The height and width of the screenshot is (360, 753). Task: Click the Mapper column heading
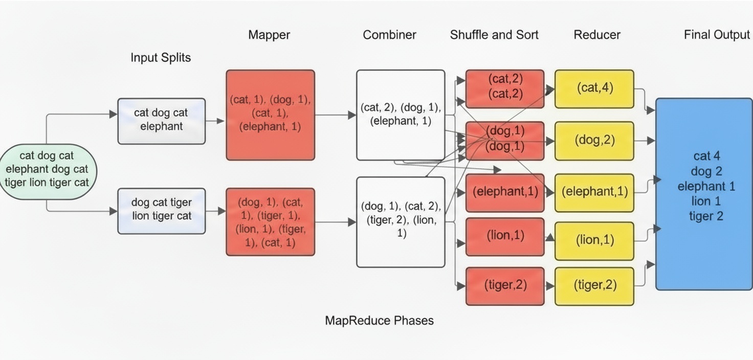269,35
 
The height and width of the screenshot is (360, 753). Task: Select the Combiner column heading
389,35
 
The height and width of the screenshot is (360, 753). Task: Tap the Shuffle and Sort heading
494,35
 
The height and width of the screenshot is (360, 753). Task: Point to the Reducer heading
597,35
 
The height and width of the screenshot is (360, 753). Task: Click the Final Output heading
717,35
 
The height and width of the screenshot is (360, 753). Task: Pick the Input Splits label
161,57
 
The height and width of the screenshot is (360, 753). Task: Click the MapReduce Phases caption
379,321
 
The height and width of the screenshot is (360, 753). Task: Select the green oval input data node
47,169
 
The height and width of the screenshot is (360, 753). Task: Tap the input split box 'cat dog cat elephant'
161,121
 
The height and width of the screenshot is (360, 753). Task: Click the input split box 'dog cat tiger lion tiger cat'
161,211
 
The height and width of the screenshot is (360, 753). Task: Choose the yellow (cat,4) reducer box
594,88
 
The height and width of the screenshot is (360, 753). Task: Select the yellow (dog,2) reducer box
594,141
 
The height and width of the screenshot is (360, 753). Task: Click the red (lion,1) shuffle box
504,236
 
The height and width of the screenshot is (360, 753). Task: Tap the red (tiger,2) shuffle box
504,286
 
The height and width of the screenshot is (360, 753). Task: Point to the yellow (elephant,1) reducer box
594,192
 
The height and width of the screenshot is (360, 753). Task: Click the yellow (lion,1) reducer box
594,240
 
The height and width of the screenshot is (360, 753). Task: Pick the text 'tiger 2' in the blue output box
706,216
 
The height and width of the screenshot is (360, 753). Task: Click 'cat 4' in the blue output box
706,156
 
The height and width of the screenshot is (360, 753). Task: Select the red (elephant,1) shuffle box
504,192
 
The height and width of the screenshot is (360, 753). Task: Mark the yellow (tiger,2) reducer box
594,286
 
